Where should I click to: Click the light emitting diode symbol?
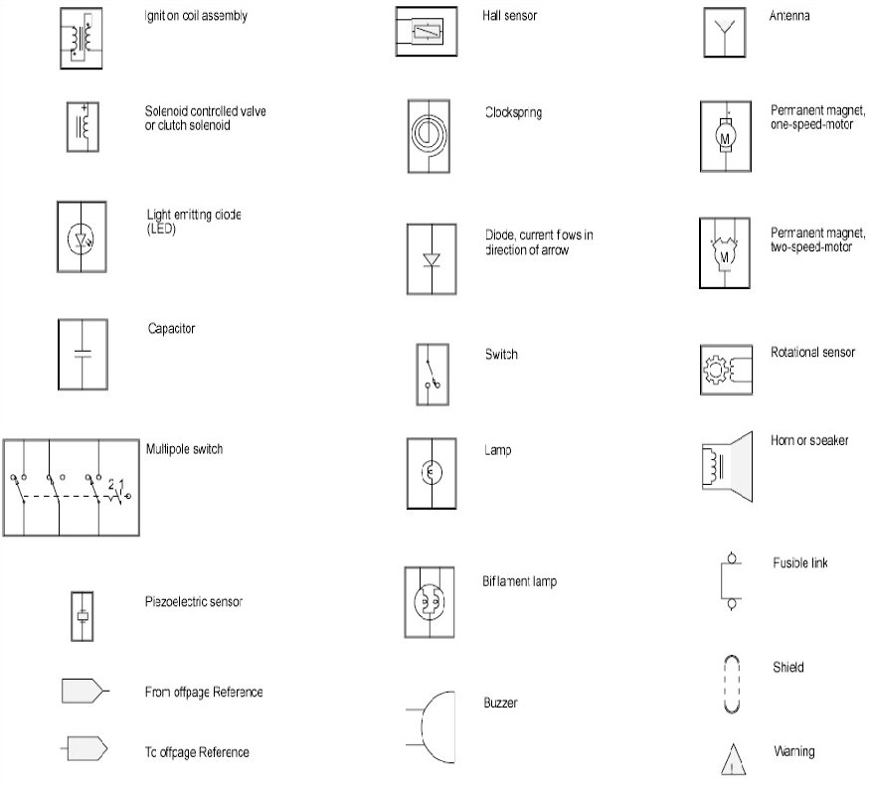coord(82,238)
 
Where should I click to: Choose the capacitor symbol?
coord(82,354)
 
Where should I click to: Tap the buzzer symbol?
coord(430,727)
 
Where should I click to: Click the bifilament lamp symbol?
coord(430,602)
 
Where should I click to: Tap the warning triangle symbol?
coord(734,758)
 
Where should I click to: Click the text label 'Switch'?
coord(501,355)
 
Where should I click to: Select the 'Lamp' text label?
coord(498,450)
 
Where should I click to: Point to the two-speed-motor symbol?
coord(725,253)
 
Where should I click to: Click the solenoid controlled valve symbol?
coord(82,126)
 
